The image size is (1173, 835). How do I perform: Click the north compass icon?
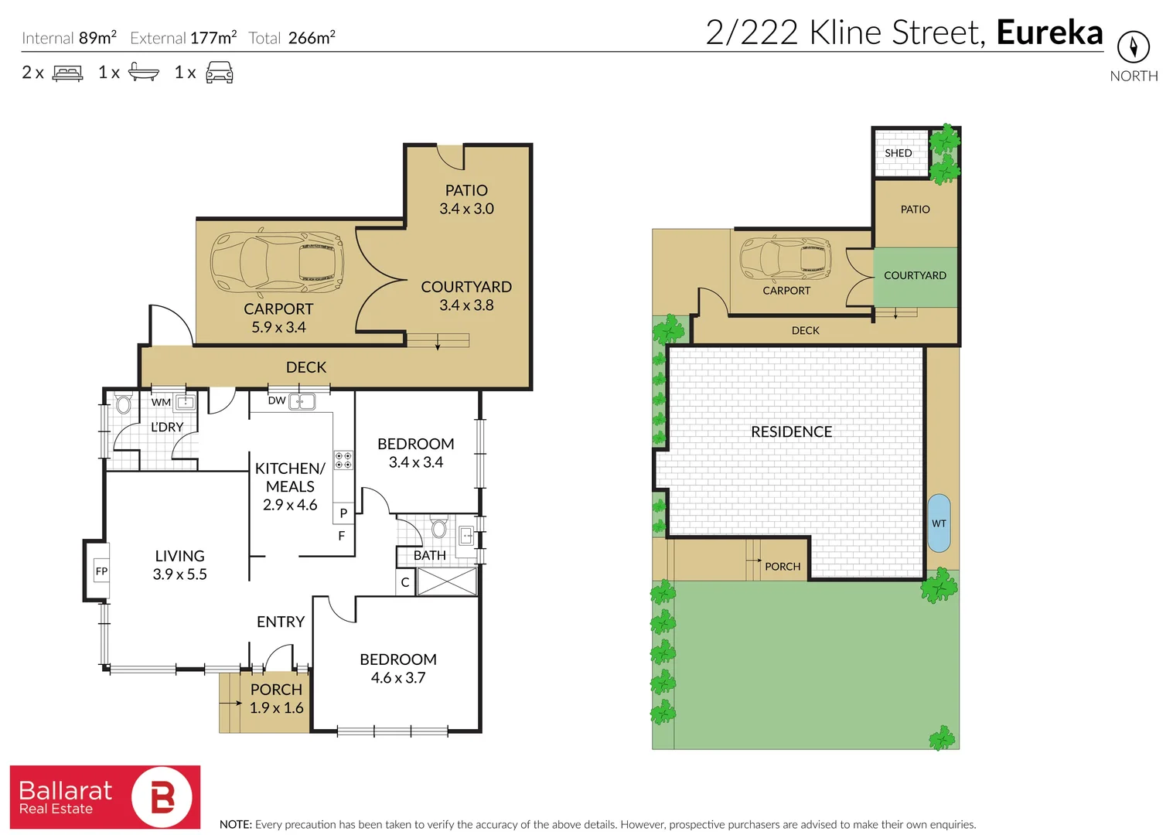click(x=1133, y=47)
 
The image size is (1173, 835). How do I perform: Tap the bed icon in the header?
click(x=67, y=73)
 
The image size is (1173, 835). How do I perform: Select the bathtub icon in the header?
click(x=143, y=73)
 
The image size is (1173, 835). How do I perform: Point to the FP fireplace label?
click(x=101, y=571)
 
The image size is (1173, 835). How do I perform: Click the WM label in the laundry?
click(x=161, y=402)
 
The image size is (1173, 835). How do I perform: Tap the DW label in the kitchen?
click(x=276, y=400)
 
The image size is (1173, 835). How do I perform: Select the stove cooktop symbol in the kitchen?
click(x=343, y=460)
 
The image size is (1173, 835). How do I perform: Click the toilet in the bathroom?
click(x=439, y=529)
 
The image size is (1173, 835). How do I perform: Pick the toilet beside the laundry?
click(x=123, y=404)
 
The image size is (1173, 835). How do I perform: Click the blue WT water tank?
click(x=939, y=523)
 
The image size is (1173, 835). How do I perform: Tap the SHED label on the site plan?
click(x=899, y=153)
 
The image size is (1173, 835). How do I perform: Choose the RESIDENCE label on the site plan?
click(x=791, y=432)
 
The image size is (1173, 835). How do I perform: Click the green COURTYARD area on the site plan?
click(x=916, y=277)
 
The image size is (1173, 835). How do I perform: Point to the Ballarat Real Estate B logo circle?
click(x=162, y=797)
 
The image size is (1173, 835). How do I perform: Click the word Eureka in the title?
click(x=1049, y=32)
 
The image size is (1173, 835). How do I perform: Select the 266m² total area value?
click(x=312, y=38)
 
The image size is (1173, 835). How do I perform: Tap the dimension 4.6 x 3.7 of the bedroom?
click(x=398, y=678)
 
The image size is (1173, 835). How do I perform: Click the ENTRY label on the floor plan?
click(x=281, y=622)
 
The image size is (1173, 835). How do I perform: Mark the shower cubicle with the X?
click(x=447, y=582)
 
